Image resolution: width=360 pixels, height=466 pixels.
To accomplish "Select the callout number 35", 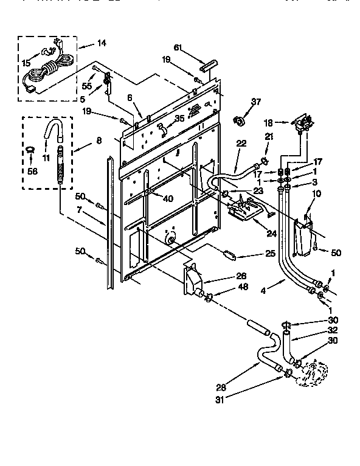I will pos(179,118).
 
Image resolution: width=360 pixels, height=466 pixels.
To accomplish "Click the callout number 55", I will pos(87,87).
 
